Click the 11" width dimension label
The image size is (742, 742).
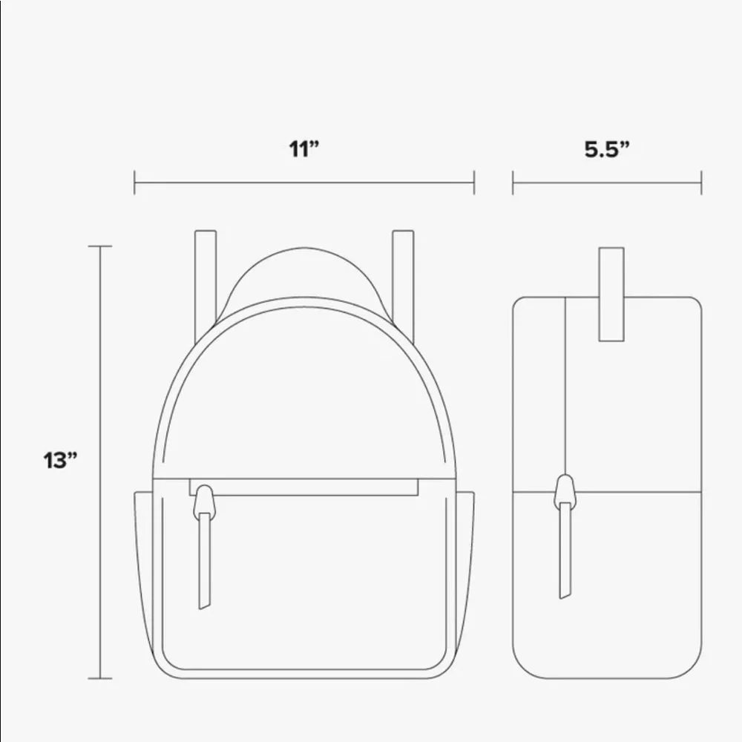[303, 148]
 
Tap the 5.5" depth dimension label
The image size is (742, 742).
[606, 148]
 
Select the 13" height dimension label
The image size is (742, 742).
[60, 460]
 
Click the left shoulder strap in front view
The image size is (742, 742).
[205, 275]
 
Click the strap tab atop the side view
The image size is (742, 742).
[611, 294]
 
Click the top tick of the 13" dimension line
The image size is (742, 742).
[99, 246]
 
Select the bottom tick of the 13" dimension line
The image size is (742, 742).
[99, 678]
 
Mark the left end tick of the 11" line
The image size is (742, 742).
[134, 183]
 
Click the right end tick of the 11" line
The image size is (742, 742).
[473, 183]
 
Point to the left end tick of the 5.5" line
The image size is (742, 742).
[513, 183]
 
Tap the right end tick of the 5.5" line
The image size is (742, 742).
[701, 183]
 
